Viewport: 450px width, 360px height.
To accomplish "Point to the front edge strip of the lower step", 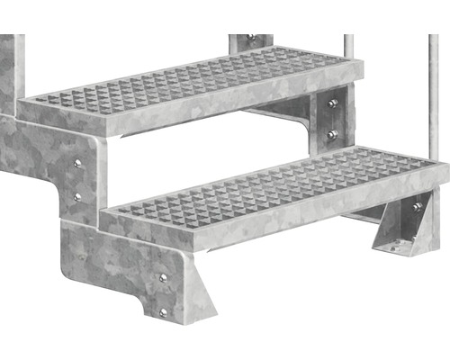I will (270, 220).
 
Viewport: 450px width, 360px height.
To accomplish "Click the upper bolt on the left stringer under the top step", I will (77, 163).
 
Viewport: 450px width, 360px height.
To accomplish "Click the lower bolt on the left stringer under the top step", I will (77, 195).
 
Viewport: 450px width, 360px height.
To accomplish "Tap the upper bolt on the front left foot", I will (163, 278).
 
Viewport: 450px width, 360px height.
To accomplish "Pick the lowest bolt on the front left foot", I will (163, 311).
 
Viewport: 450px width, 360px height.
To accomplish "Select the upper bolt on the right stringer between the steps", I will (333, 103).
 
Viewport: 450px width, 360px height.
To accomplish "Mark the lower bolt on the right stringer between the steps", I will (333, 134).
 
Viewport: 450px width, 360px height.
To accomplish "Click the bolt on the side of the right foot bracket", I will (417, 208).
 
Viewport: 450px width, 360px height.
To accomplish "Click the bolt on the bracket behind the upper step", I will (251, 38).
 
